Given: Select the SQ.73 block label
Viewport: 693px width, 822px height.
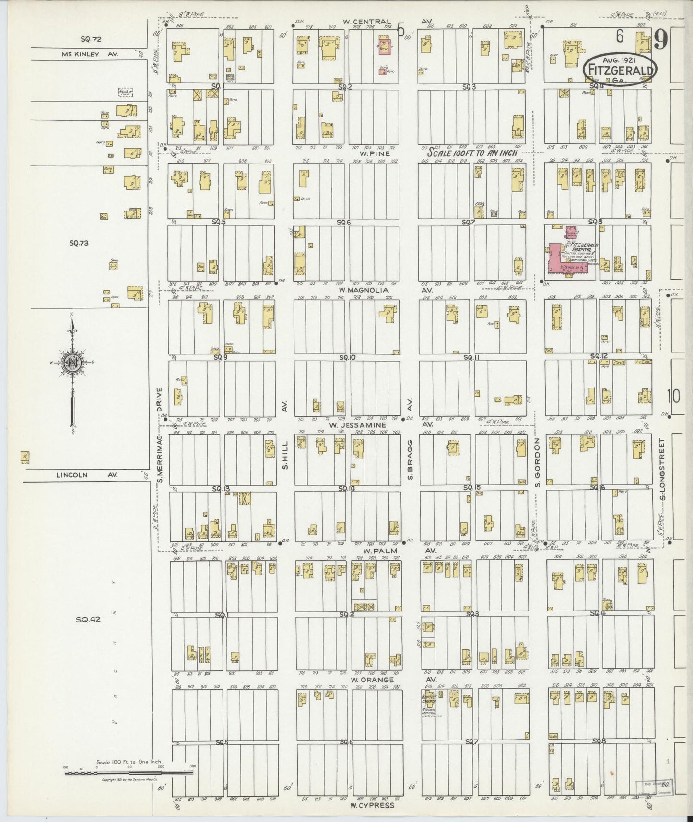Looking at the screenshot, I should tap(79, 243).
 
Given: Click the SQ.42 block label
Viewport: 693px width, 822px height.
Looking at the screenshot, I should tap(88, 619).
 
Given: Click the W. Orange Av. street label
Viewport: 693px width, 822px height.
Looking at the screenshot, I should tap(372, 680).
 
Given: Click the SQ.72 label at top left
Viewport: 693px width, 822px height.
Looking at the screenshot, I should tap(91, 39).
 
